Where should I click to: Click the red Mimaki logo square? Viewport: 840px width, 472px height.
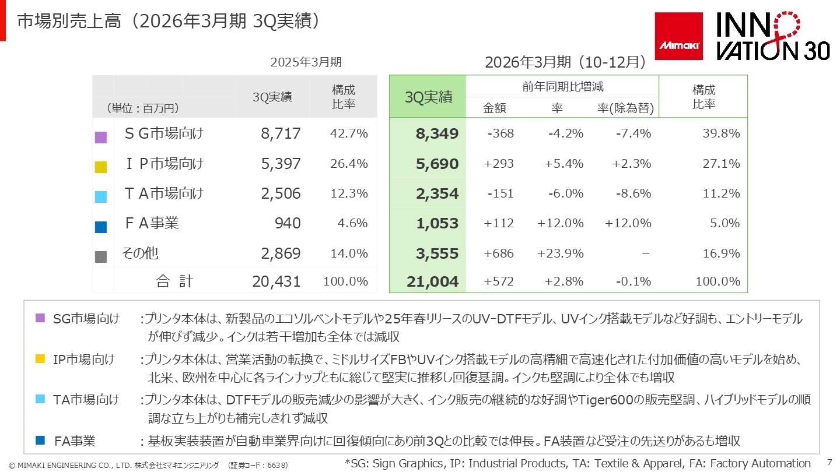pyautogui.click(x=678, y=36)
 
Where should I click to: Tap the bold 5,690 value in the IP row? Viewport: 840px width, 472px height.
pyautogui.click(x=437, y=164)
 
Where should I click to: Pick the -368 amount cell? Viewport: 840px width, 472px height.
pyautogui.click(x=500, y=133)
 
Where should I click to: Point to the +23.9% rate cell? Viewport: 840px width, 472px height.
pyautogui.click(x=560, y=253)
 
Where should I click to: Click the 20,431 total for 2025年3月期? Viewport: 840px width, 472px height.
pyautogui.click(x=276, y=281)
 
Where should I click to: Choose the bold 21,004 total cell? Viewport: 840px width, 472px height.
pyautogui.click(x=433, y=282)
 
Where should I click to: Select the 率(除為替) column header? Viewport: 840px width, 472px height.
pyautogui.click(x=625, y=108)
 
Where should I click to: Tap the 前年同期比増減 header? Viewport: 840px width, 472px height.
pyautogui.click(x=562, y=87)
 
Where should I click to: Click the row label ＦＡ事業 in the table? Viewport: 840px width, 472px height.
pyautogui.click(x=152, y=223)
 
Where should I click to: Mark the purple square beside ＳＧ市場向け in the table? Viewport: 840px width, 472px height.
pyautogui.click(x=101, y=138)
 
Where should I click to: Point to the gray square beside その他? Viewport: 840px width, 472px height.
pyautogui.click(x=101, y=257)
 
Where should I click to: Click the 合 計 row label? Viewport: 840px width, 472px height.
pyautogui.click(x=174, y=281)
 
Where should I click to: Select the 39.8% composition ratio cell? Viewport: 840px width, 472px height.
pyautogui.click(x=721, y=133)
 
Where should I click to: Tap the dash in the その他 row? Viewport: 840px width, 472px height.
pyautogui.click(x=645, y=253)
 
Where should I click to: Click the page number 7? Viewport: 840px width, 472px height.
pyautogui.click(x=829, y=460)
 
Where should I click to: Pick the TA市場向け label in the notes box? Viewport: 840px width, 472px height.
pyautogui.click(x=86, y=400)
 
